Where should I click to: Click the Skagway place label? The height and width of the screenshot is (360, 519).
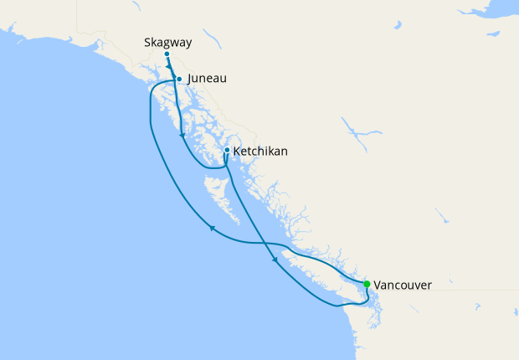coord(167,41)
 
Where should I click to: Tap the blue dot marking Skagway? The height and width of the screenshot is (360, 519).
coord(167,54)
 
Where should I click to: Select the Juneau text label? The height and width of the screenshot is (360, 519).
coord(207,79)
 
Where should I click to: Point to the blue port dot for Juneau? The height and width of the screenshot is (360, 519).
coord(179,80)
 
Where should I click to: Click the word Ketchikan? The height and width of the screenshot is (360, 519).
coord(260,152)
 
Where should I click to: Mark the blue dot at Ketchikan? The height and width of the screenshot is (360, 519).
coord(227,151)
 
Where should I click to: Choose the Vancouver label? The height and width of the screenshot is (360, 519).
coord(403,285)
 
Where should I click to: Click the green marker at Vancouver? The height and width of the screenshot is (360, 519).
coord(367,285)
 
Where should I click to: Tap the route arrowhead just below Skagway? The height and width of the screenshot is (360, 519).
coord(171,69)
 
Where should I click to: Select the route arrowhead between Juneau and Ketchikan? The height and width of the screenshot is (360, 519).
coord(182,136)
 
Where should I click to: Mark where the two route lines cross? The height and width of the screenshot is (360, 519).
coord(266,244)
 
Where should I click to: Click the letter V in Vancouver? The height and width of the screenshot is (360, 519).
coord(378,285)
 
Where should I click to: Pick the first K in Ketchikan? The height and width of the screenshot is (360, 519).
coord(238,152)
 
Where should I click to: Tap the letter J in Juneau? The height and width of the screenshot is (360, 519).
coord(191,79)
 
